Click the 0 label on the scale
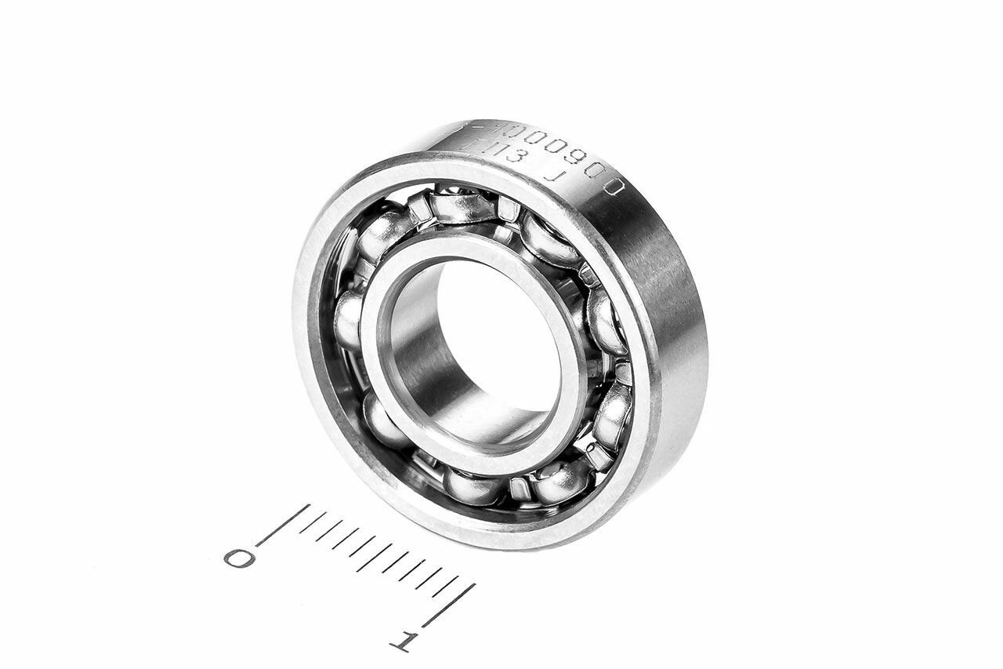tap(239, 558)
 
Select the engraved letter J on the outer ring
tap(554, 177)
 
